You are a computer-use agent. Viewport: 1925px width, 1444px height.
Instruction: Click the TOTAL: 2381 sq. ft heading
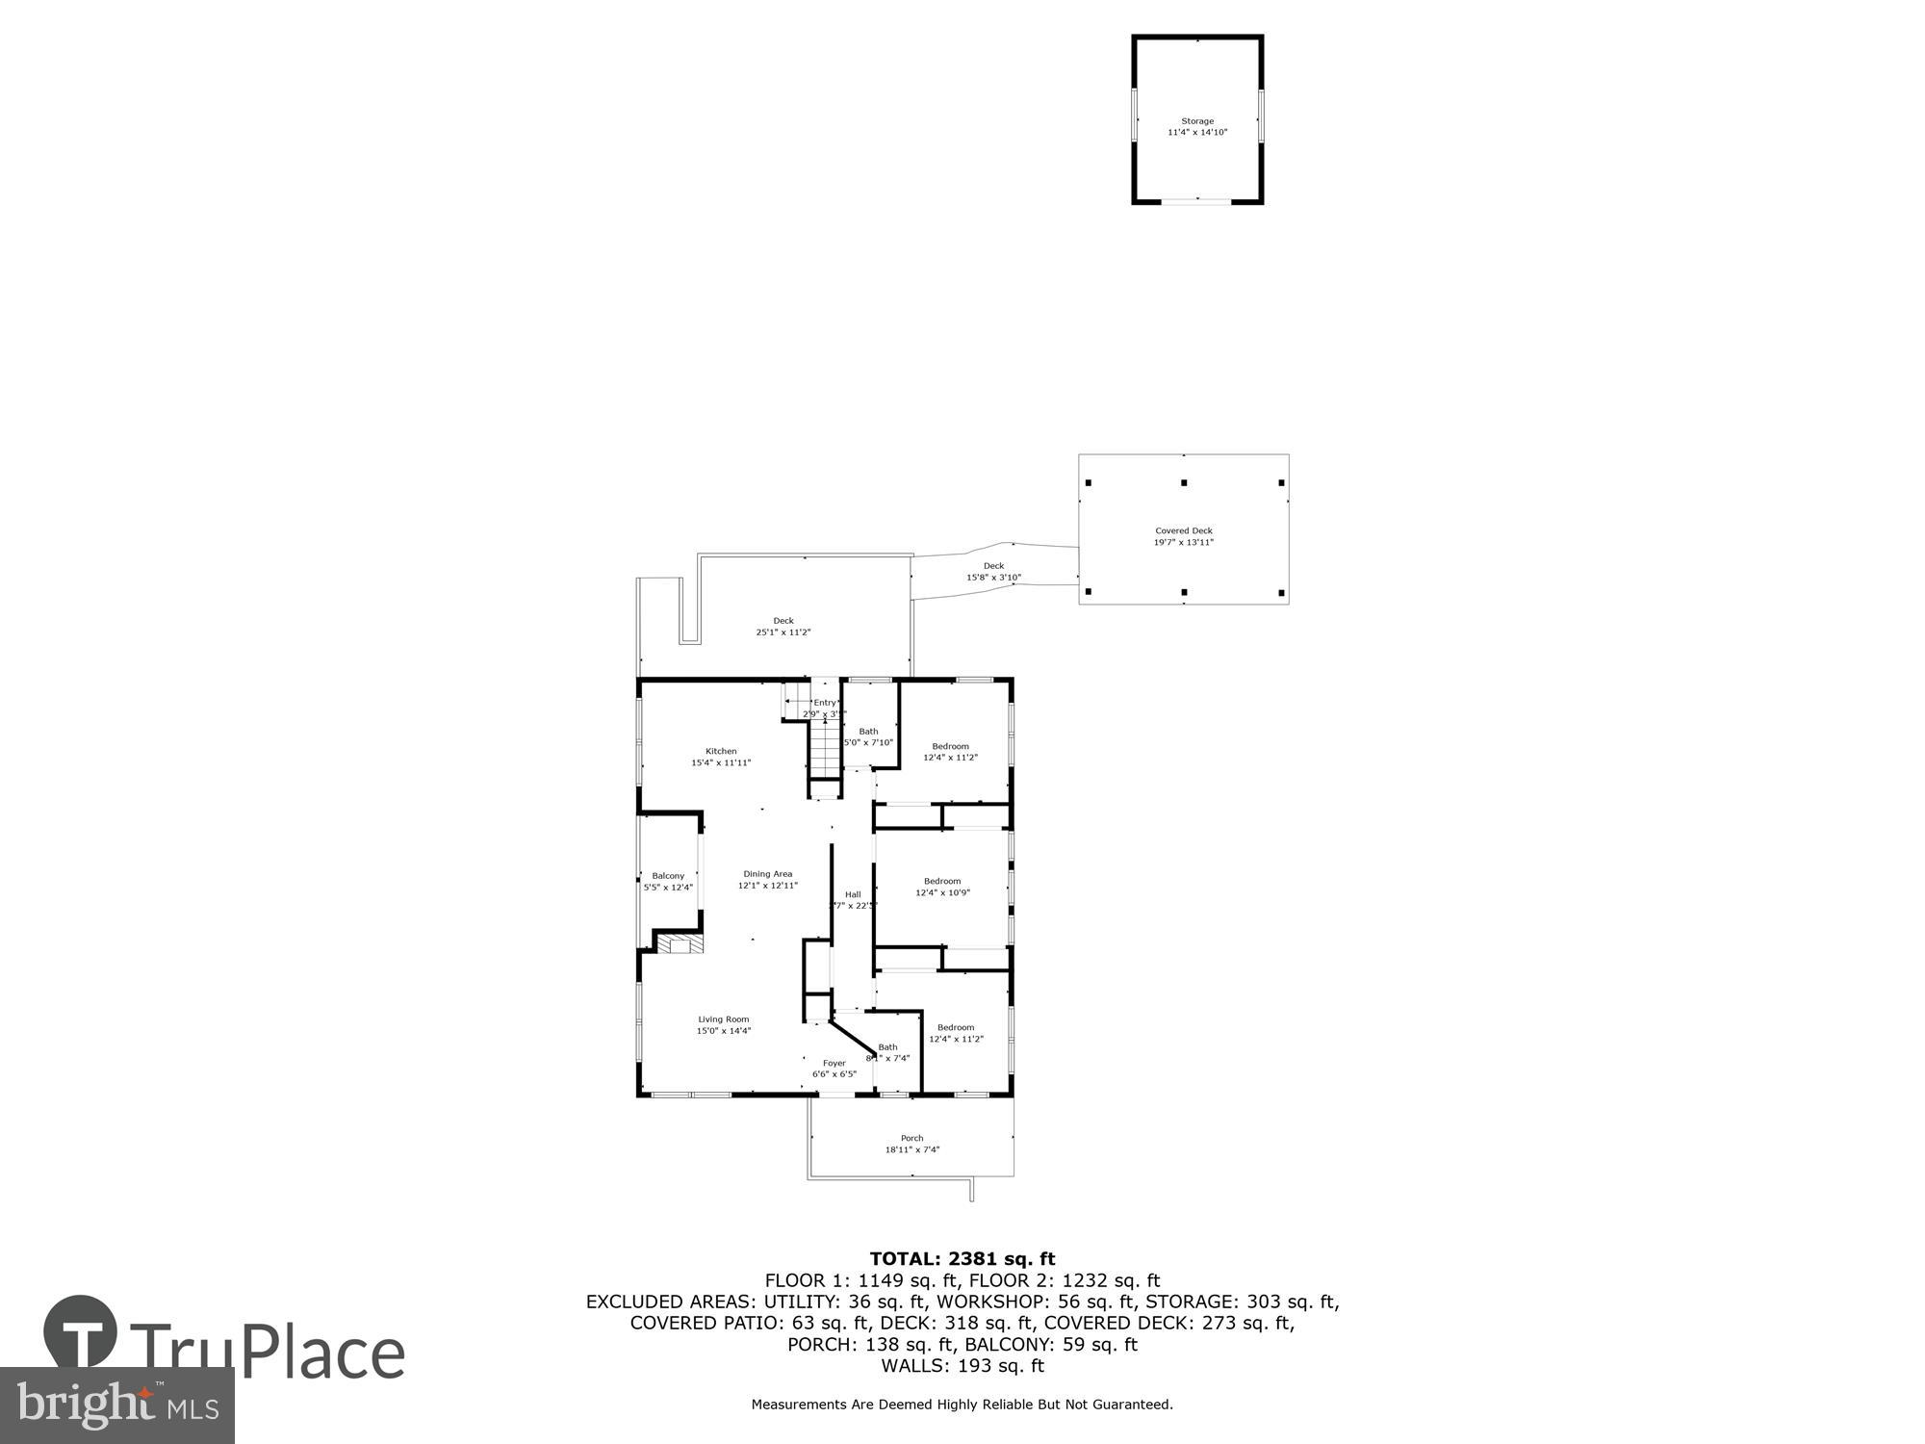pos(962,1258)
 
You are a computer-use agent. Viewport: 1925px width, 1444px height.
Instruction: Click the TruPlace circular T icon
pos(81,1332)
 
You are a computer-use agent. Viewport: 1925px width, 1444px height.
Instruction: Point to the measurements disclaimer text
pos(962,1405)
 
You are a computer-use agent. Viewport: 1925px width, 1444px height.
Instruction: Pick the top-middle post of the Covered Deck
pos(1184,482)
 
